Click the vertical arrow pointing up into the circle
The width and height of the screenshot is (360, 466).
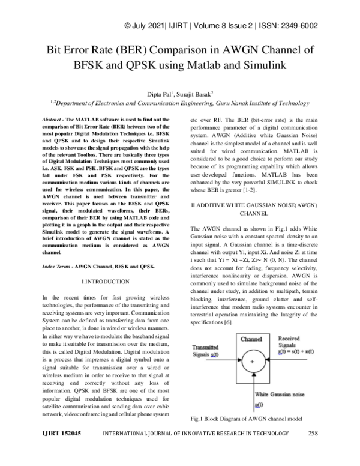[255, 387]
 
